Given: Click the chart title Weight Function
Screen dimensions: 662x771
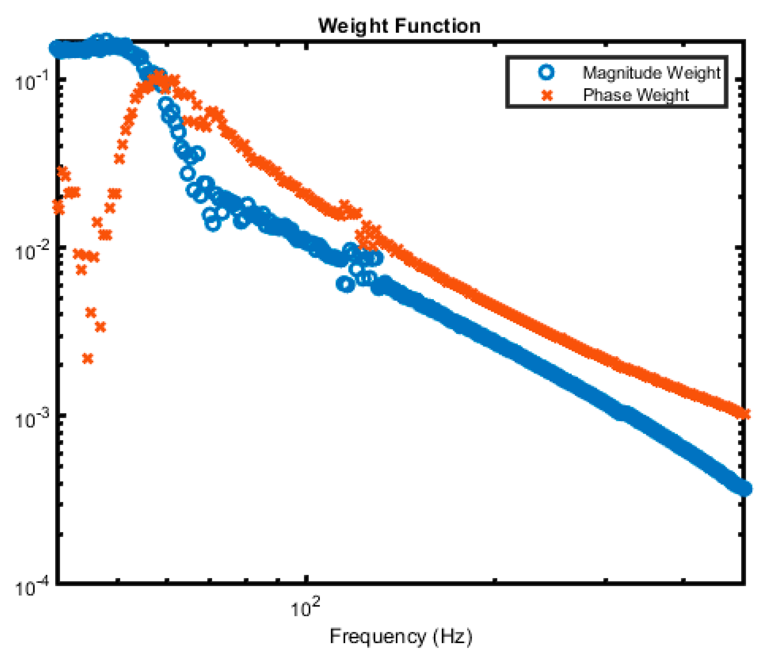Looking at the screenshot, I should [399, 26].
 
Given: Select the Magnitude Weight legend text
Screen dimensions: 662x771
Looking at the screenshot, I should [651, 72].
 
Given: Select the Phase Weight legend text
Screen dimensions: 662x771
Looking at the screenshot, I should [636, 95].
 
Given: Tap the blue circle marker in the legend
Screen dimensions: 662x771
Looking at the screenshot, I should [546, 72].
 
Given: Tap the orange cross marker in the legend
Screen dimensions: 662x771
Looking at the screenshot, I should [547, 95].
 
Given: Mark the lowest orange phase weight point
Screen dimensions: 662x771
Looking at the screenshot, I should [88, 358].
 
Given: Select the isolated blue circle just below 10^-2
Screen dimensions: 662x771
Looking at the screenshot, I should [346, 285].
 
